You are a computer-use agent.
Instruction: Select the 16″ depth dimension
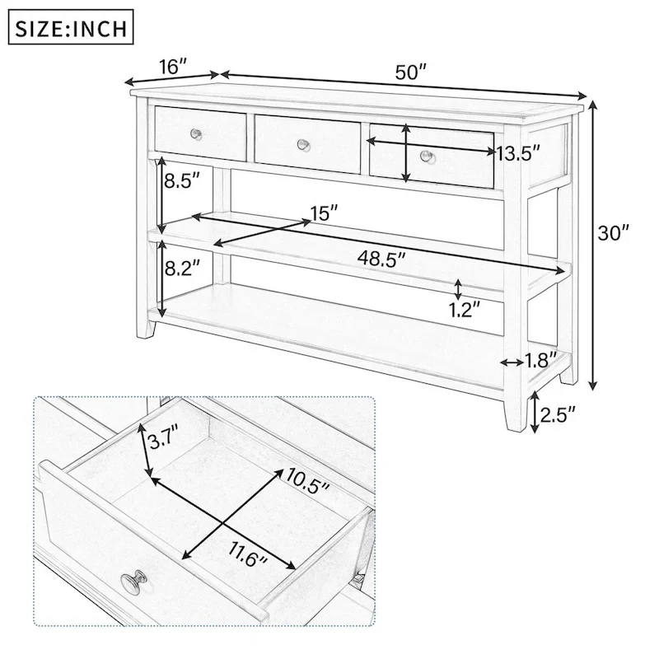click(174, 67)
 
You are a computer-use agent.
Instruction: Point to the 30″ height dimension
click(613, 233)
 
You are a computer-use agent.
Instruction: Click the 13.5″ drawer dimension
click(518, 153)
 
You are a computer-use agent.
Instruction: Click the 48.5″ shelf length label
click(382, 259)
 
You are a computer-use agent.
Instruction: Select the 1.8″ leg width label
click(542, 359)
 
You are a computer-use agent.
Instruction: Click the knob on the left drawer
click(196, 133)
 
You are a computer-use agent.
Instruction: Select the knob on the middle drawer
click(303, 145)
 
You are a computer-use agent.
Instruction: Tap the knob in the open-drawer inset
click(135, 583)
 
